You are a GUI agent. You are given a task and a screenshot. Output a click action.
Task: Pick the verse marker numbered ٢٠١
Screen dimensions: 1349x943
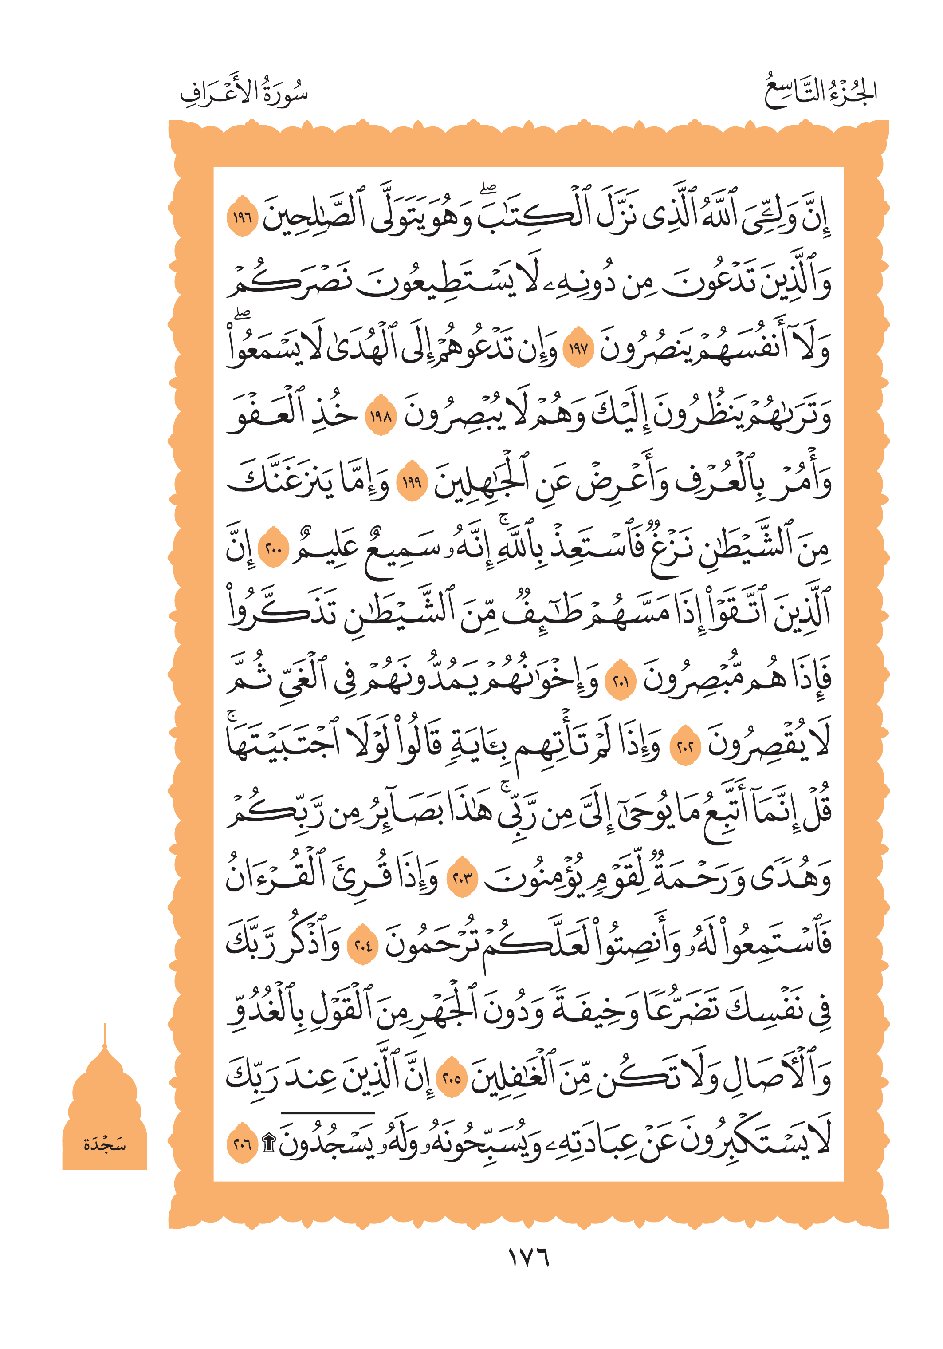click(x=621, y=682)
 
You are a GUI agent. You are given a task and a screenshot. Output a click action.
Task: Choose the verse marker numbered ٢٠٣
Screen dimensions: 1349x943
click(x=463, y=880)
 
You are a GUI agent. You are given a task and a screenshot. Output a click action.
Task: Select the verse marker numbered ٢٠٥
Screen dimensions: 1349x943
click(x=452, y=1079)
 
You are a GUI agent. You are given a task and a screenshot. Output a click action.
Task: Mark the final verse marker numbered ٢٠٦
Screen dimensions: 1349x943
click(x=242, y=1144)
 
